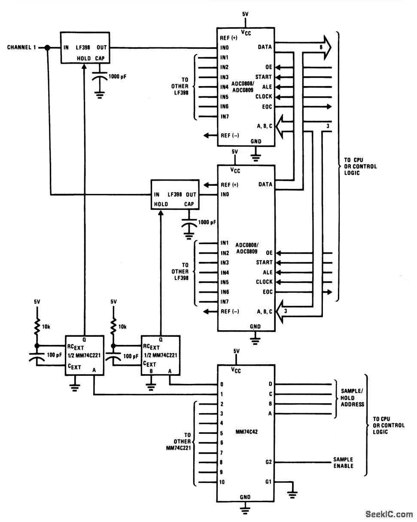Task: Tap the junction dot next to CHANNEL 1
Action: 48,48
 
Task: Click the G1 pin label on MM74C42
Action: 268,482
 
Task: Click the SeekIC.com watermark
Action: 389,514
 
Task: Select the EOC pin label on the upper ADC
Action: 267,107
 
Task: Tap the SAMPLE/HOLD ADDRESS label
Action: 352,398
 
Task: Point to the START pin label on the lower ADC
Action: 264,262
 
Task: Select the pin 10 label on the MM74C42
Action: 222,482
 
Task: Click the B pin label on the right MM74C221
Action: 151,371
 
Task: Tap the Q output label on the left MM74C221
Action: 84,338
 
